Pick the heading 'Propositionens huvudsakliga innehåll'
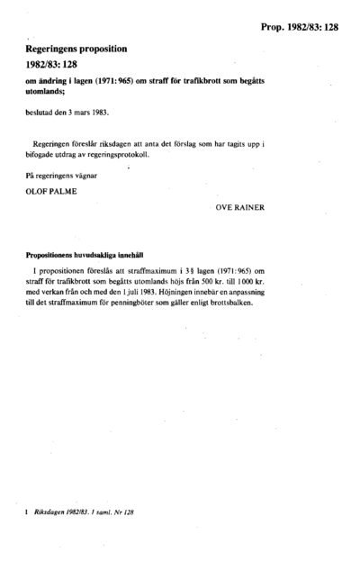pyautogui.click(x=80, y=255)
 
